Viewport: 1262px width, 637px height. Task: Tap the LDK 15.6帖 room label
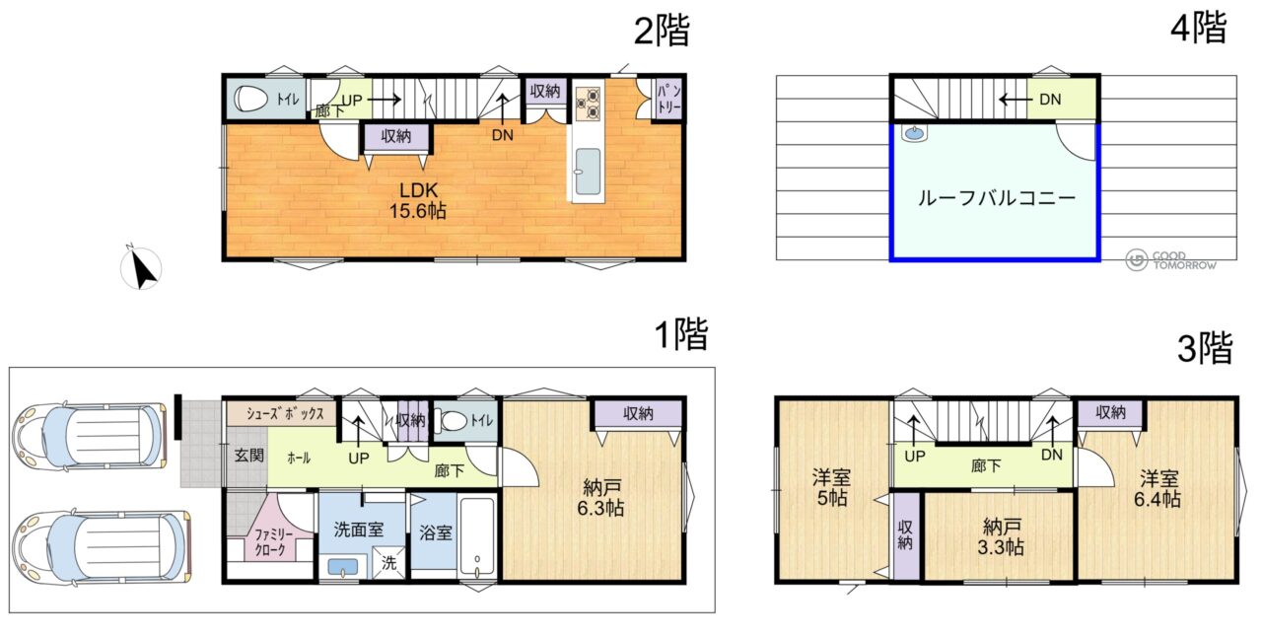pyautogui.click(x=418, y=200)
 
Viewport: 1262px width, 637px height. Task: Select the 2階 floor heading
pyautogui.click(x=662, y=31)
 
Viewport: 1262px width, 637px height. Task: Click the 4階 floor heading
pyautogui.click(x=1199, y=28)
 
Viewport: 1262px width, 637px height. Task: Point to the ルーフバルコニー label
pyautogui.click(x=997, y=198)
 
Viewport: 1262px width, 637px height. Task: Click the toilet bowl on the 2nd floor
pyautogui.click(x=250, y=100)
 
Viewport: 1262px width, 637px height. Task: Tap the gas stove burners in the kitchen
pyautogui.click(x=589, y=103)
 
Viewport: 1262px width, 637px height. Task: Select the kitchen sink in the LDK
pyautogui.click(x=589, y=172)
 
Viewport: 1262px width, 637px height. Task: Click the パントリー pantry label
pyautogui.click(x=669, y=99)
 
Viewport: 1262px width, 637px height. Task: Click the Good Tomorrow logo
pyautogui.click(x=1171, y=260)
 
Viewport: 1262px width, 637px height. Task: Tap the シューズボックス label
pyautogui.click(x=285, y=414)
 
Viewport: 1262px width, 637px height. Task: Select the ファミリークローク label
pyautogui.click(x=273, y=542)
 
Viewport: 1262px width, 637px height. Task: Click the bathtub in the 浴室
pyautogui.click(x=477, y=536)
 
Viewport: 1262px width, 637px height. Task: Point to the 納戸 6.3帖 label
pyautogui.click(x=600, y=497)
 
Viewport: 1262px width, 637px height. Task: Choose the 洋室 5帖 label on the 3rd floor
pyautogui.click(x=831, y=488)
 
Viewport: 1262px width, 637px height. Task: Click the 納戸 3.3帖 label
pyautogui.click(x=1001, y=537)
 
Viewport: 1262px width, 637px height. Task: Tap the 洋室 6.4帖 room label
pyautogui.click(x=1157, y=489)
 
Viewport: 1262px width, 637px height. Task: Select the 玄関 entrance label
pyautogui.click(x=249, y=455)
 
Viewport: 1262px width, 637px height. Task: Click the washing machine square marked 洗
pyautogui.click(x=388, y=563)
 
